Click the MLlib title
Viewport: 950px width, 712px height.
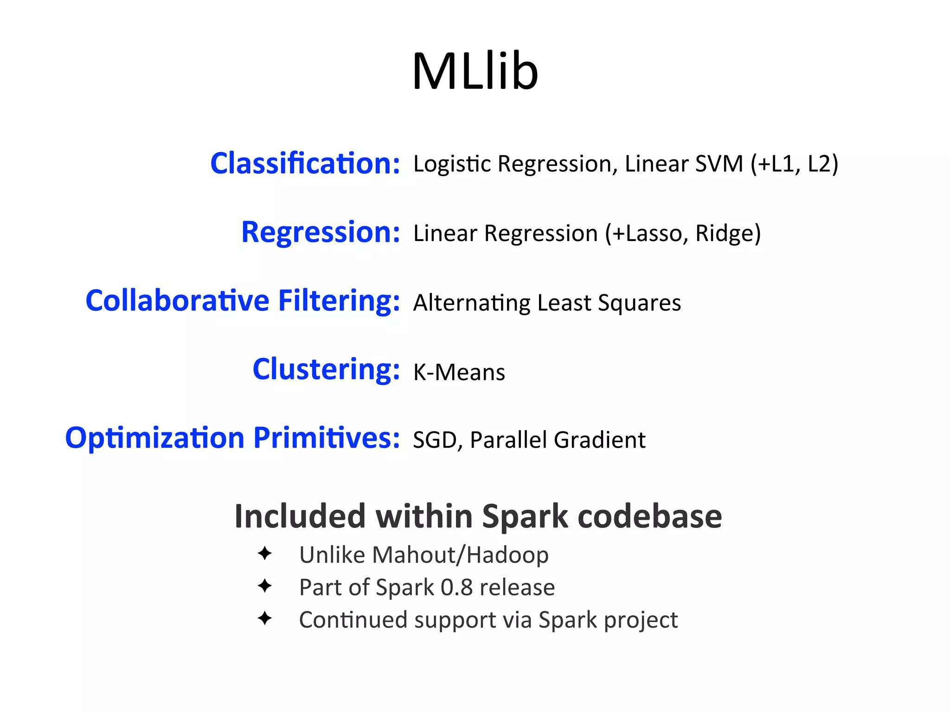click(475, 72)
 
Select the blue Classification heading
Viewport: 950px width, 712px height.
click(305, 164)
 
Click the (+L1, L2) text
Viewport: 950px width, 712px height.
click(795, 164)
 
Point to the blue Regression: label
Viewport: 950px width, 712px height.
click(320, 232)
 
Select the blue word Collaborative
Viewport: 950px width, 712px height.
click(177, 301)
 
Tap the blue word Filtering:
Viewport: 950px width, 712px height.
click(339, 301)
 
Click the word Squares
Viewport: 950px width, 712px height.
click(639, 303)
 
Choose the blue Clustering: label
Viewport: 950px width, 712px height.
click(326, 370)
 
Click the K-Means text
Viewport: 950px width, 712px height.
click(459, 372)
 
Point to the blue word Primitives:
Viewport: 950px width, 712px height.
click(326, 438)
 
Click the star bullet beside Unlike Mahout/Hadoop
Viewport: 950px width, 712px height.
click(265, 553)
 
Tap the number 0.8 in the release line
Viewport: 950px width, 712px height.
click(456, 587)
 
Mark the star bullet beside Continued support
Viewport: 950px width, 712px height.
click(265, 618)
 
